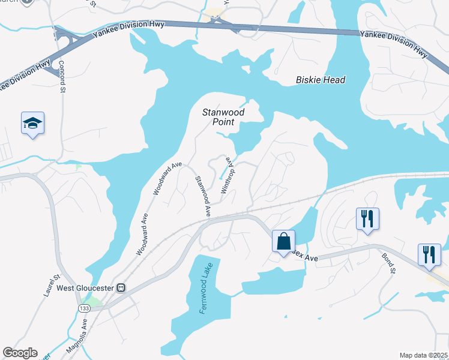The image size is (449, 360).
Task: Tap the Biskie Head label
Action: coord(321,80)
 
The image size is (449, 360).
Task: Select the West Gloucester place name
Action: coord(86,288)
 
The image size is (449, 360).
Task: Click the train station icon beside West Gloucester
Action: coord(121,287)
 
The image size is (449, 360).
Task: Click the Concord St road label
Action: coord(62,77)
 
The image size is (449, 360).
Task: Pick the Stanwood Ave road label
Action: coord(203,195)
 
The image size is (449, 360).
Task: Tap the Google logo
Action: coord(20,353)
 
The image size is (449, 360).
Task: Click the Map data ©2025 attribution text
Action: coord(423,355)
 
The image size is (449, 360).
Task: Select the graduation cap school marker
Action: coord(32,124)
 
